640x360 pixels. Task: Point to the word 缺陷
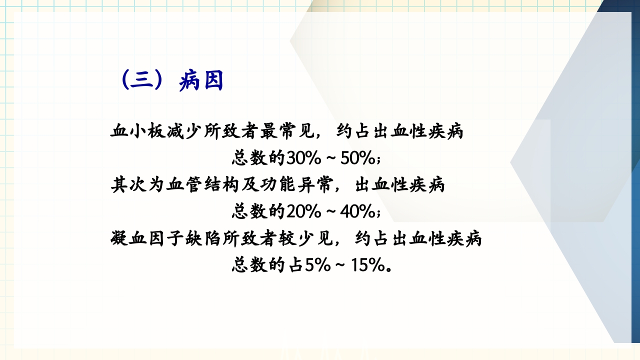coord(199,239)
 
